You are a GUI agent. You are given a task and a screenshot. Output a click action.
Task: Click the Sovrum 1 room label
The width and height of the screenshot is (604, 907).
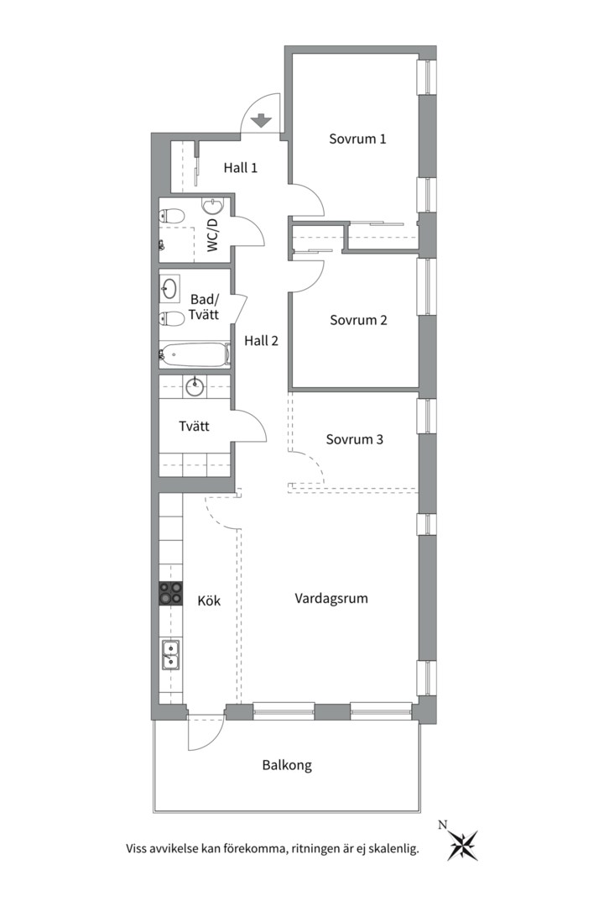357,139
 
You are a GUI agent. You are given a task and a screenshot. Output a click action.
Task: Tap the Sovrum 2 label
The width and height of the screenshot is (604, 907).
358,320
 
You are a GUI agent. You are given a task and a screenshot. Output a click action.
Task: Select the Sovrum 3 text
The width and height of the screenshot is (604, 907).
354,439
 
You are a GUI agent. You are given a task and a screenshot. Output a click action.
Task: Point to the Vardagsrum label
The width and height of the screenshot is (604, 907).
331,598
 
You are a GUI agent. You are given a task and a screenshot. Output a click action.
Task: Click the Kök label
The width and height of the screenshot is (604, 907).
209,600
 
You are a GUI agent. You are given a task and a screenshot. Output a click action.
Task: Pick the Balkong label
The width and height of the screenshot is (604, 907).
287,765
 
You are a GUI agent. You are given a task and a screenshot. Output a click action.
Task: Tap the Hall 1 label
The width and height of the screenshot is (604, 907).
241,168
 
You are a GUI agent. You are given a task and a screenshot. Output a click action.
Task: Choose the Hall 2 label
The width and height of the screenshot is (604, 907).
261,341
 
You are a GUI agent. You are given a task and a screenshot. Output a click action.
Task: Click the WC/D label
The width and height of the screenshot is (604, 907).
213,234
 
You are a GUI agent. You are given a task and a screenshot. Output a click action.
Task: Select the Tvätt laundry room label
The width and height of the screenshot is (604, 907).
195,427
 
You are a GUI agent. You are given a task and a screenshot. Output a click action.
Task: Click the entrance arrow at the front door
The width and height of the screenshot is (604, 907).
262,120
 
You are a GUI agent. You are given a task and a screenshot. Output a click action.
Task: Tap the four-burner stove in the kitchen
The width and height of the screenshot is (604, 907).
170,594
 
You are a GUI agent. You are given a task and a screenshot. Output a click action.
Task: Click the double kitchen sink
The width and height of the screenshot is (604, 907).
170,655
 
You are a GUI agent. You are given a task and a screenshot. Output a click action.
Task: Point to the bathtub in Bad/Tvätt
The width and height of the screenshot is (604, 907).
194,354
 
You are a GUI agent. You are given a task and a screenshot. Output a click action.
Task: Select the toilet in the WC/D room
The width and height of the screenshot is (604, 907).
171,217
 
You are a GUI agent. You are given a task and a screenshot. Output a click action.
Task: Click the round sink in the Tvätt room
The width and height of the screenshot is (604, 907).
195,385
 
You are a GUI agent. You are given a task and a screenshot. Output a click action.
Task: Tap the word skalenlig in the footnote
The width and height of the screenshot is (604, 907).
395,849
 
